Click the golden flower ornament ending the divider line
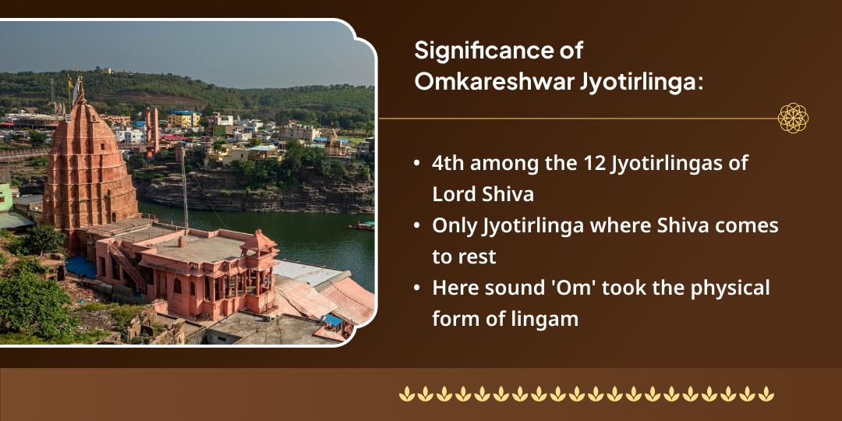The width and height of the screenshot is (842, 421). [x=793, y=119]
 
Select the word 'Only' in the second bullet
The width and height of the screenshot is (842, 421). [x=455, y=227]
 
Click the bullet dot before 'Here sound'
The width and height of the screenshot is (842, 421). [x=419, y=289]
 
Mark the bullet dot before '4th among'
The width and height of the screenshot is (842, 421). [x=419, y=165]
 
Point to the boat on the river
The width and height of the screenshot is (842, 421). [x=363, y=226]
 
